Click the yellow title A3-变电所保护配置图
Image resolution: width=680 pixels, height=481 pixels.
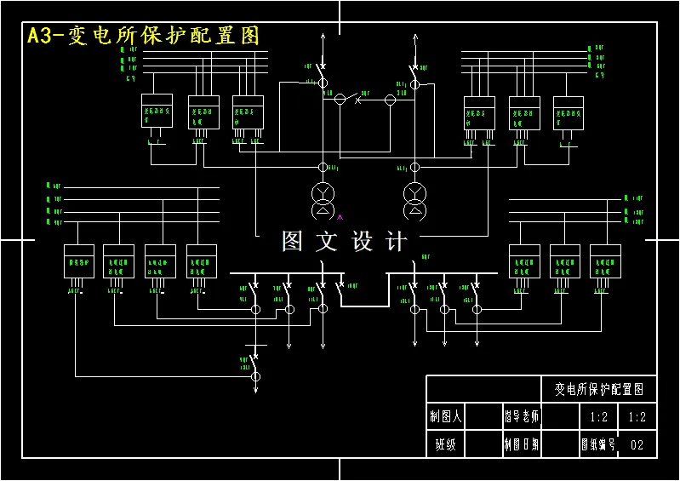143,36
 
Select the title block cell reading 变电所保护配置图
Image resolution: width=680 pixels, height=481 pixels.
599,389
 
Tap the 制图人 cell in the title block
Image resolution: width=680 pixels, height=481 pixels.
445,417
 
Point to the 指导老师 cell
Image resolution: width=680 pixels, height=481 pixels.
521,417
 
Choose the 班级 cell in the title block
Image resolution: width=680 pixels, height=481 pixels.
445,444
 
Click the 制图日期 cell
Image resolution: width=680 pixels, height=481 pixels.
521,444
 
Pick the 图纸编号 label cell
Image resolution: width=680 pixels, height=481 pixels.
597,444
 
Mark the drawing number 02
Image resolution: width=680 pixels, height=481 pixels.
637,444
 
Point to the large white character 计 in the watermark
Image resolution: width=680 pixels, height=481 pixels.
397,242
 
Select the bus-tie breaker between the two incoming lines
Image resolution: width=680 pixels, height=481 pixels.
357,100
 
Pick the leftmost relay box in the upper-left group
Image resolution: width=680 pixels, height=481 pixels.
157,112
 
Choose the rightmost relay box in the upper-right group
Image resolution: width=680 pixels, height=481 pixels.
569,112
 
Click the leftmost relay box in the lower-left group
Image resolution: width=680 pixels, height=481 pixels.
79,261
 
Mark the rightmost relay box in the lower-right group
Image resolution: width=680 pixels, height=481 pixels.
605,261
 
